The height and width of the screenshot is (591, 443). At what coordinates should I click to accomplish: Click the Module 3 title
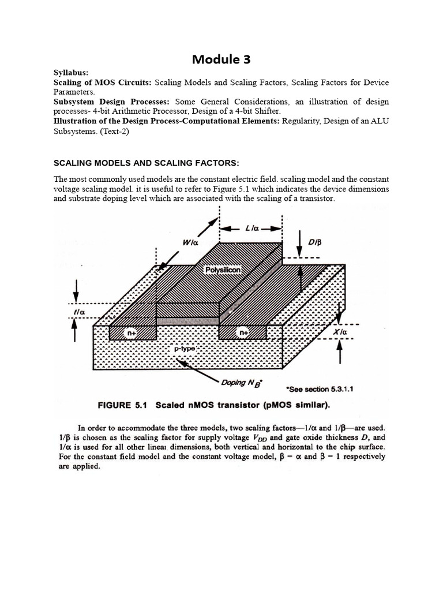click(x=221, y=59)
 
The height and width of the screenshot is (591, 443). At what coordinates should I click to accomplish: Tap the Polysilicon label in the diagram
click(x=224, y=270)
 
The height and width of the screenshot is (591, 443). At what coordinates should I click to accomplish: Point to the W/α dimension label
click(x=190, y=243)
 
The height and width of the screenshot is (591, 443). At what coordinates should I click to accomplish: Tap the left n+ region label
click(x=132, y=332)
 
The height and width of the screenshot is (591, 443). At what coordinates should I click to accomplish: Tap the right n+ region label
click(x=243, y=332)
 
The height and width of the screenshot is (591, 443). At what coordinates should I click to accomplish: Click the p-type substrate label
click(x=186, y=350)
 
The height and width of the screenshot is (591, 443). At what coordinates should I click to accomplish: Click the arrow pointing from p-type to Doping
click(x=199, y=369)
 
